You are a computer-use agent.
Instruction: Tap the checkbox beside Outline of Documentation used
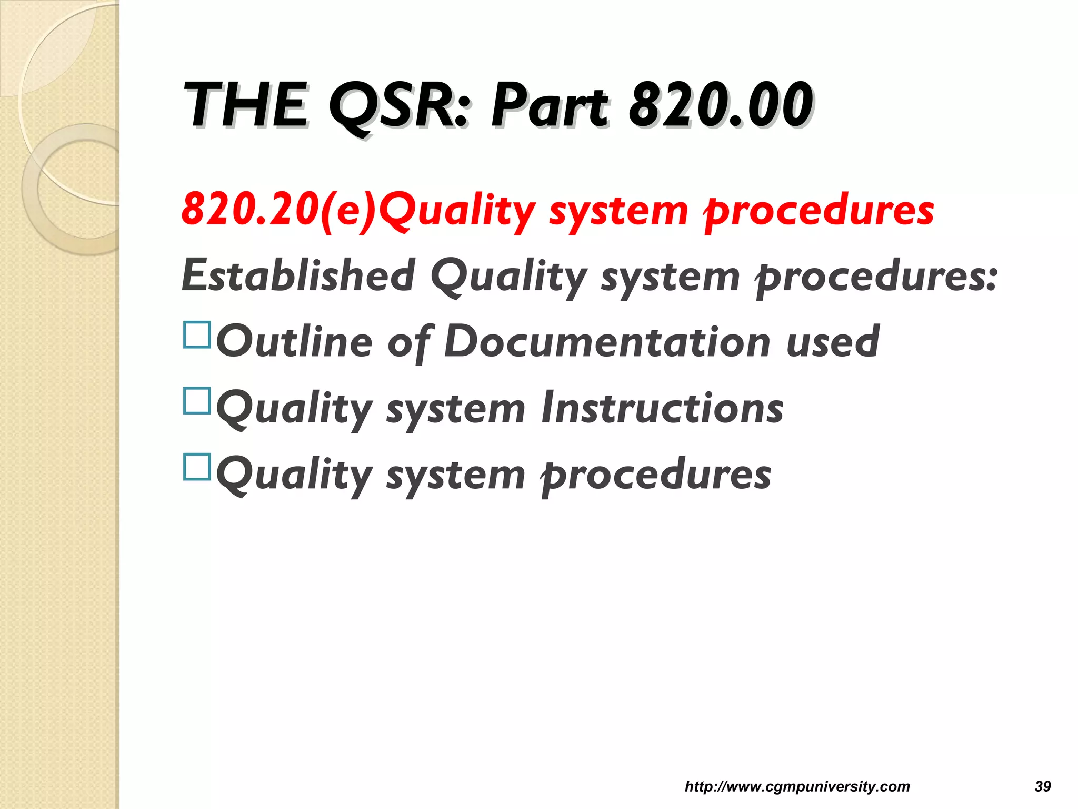coord(197,335)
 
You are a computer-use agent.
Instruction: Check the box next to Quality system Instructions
coord(197,401)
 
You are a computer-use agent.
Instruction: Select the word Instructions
coord(662,409)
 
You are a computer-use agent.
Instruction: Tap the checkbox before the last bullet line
coord(197,467)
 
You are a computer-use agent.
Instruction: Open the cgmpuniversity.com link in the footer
coord(797,786)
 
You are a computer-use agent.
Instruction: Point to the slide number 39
coord(1043,786)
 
